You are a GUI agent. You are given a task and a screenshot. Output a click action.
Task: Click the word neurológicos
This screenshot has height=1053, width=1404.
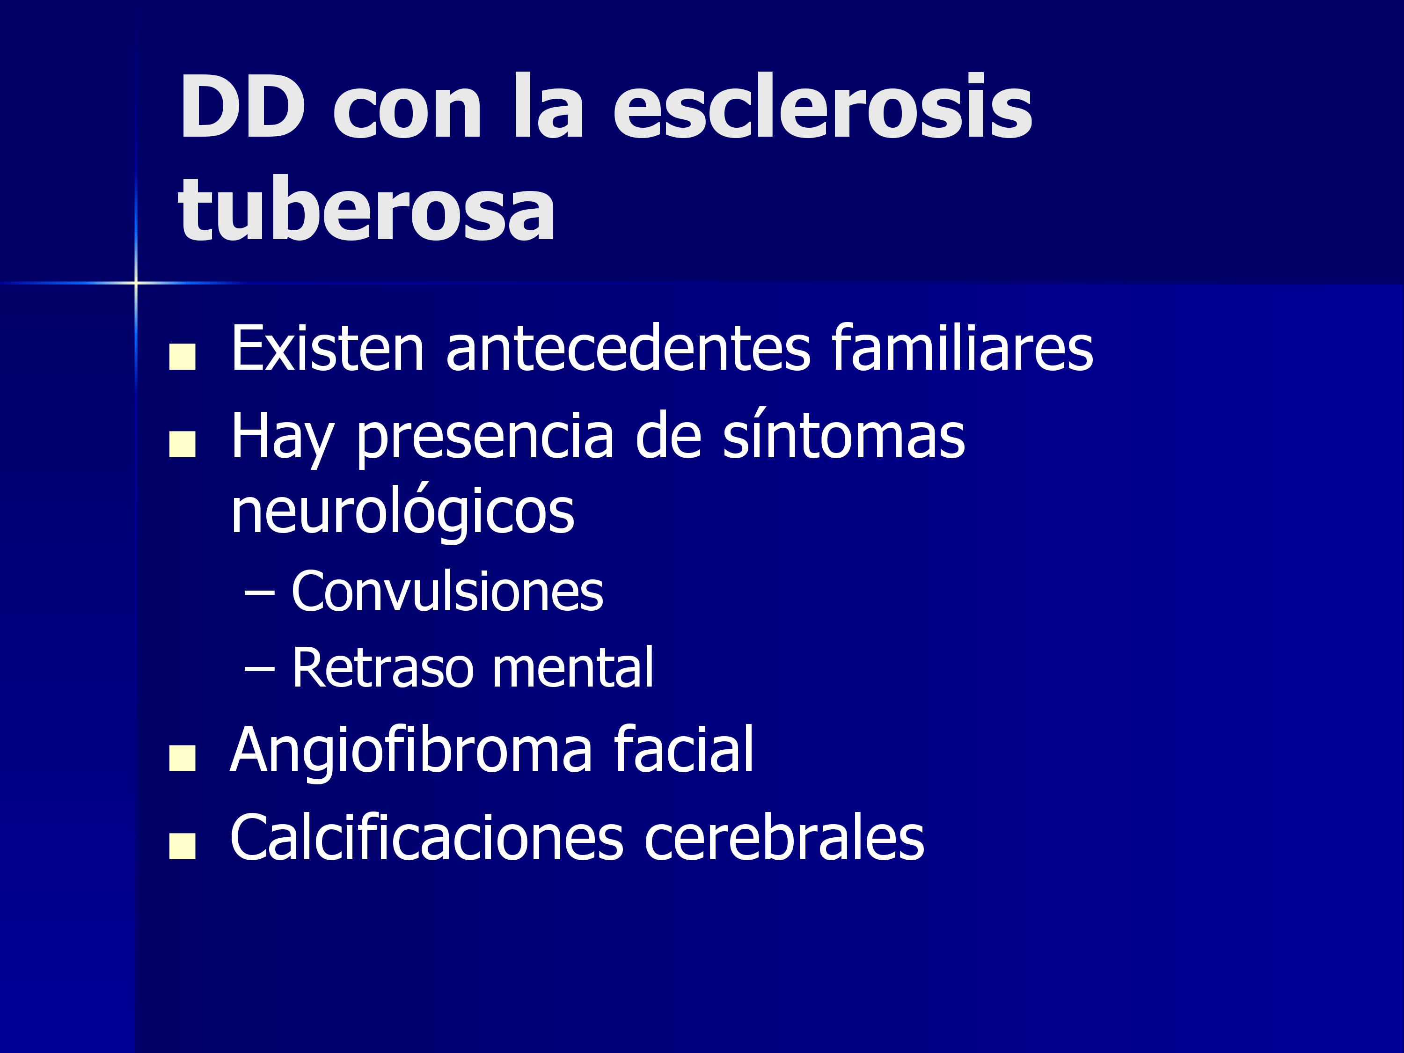coord(402,511)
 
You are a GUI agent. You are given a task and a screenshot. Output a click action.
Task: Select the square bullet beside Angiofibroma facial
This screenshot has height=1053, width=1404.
coord(182,759)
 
